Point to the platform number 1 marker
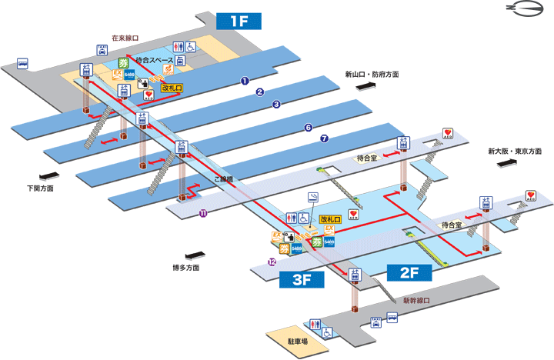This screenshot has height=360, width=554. tap(244, 80)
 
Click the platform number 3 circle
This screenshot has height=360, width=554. tap(275, 104)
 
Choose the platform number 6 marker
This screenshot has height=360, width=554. tap(308, 127)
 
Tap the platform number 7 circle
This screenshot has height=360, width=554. tap(324, 139)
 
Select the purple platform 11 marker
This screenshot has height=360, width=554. tap(203, 213)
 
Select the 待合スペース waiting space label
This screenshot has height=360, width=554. tap(153, 60)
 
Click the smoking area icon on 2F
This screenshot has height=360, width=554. tap(312, 198)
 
